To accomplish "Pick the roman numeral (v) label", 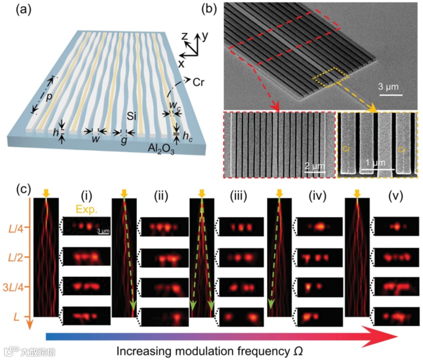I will tap(393, 197).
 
